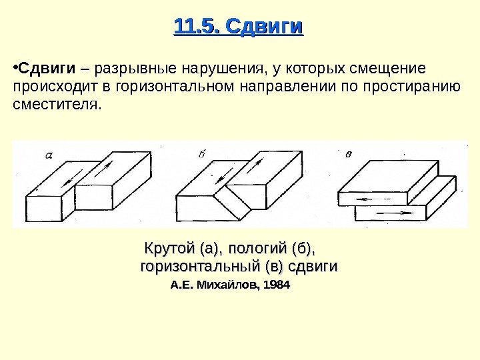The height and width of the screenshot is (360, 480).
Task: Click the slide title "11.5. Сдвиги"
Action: [238, 27]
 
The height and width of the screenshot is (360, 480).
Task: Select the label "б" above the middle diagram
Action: [202, 155]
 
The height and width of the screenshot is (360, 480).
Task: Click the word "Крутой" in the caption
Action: [169, 250]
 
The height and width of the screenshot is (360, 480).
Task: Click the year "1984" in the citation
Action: [279, 286]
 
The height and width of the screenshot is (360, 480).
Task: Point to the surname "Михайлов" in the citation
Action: [226, 286]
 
